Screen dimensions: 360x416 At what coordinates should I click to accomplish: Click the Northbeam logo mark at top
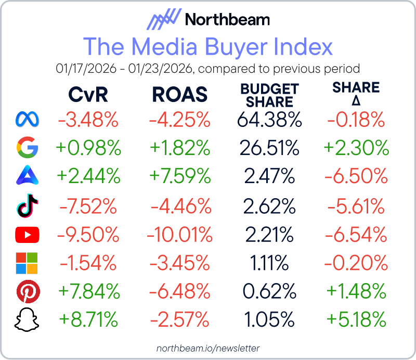pyautogui.click(x=163, y=20)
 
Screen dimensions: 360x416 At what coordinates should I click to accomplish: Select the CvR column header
pyautogui.click(x=89, y=95)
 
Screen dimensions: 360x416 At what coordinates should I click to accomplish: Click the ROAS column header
pyautogui.click(x=179, y=95)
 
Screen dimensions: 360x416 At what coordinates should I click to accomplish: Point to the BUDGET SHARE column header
pyautogui.click(x=269, y=95)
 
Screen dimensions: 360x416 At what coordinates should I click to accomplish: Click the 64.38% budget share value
pyautogui.click(x=269, y=120)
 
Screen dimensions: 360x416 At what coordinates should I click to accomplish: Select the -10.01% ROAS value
pyautogui.click(x=179, y=235)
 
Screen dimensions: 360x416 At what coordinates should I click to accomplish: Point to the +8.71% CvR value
pyautogui.click(x=89, y=318)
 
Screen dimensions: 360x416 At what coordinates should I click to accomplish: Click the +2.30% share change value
pyautogui.click(x=357, y=149)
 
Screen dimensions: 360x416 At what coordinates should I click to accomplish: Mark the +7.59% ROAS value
pyautogui.click(x=179, y=177)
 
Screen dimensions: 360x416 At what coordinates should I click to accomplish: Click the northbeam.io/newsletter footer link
pyautogui.click(x=208, y=348)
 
